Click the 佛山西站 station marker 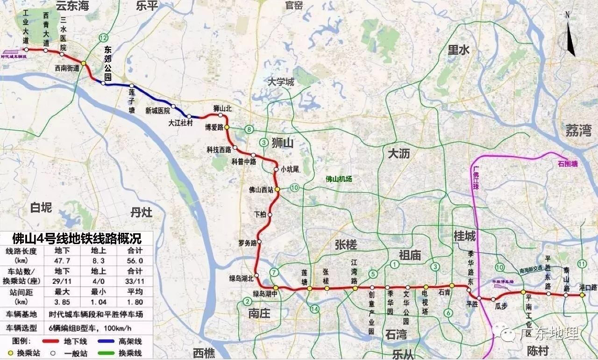pyautogui.click(x=277, y=189)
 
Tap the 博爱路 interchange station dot pyautogui.click(x=227, y=127)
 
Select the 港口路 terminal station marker pyautogui.click(x=582, y=295)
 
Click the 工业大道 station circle pyautogui.click(x=26, y=49)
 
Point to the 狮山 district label pyautogui.click(x=282, y=144)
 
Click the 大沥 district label pyautogui.click(x=399, y=152)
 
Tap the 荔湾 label pyautogui.click(x=578, y=130)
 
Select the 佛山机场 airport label pyautogui.click(x=339, y=179)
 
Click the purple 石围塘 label pyautogui.click(x=568, y=164)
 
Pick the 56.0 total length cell pyautogui.click(x=135, y=260)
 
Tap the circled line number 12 pyautogui.click(x=103, y=37)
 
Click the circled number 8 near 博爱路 pyautogui.click(x=250, y=129)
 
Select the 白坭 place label pyautogui.click(x=41, y=208)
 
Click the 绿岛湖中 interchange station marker pyautogui.click(x=276, y=288)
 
